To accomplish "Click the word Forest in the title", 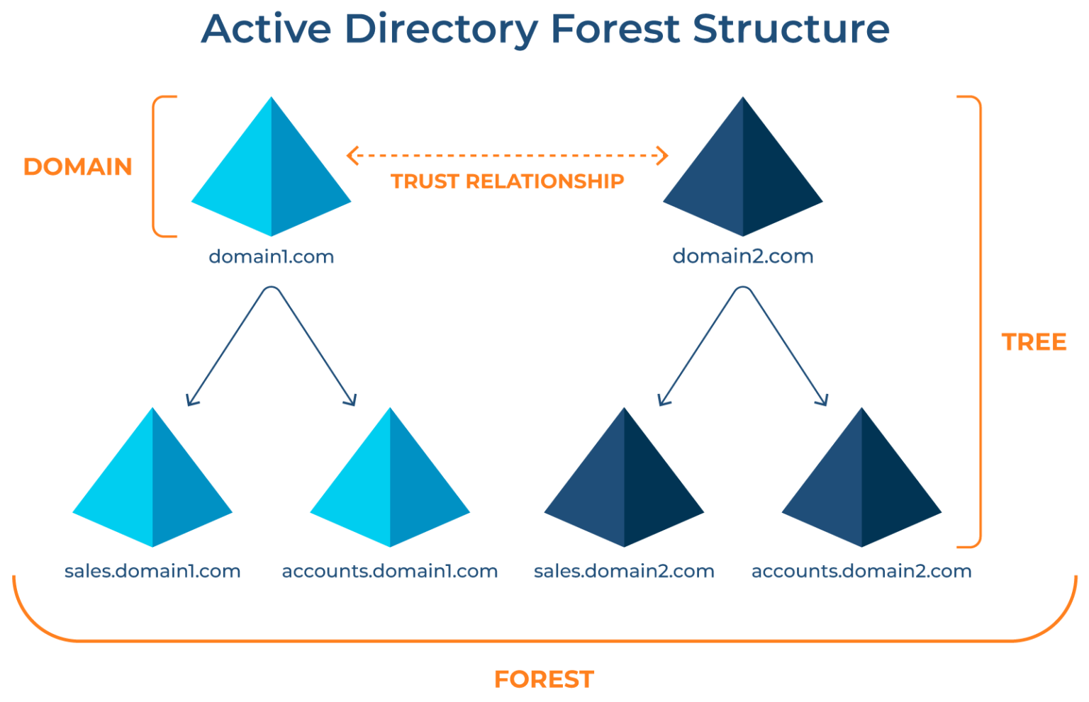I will [x=615, y=30].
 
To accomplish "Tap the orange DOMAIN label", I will [x=78, y=167].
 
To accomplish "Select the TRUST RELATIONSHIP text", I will [x=508, y=182].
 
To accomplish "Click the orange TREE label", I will [x=1034, y=343].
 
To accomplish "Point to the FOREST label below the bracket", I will [x=544, y=679].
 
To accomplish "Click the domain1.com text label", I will [x=271, y=256].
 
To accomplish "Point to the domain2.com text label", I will [x=743, y=256].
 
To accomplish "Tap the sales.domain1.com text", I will [x=152, y=572].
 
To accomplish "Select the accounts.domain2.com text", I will [x=861, y=572].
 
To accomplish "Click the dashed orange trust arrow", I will [x=508, y=155].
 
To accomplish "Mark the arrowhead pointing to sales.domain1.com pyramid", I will [x=190, y=401].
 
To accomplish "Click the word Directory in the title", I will [x=442, y=30].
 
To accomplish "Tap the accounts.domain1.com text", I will [x=390, y=572].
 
